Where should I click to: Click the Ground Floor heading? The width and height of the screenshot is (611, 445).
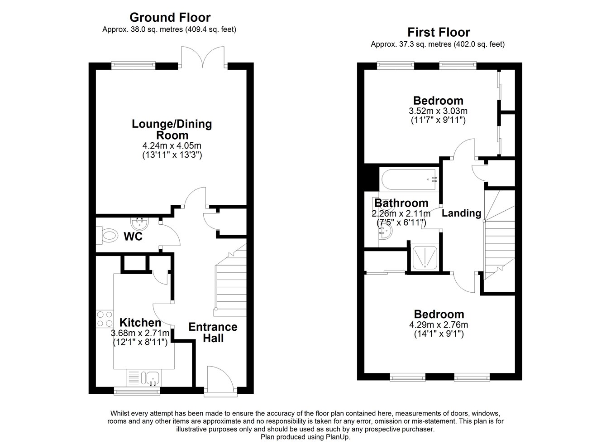pos(170,18)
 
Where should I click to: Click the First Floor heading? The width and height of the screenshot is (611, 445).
pos(439,33)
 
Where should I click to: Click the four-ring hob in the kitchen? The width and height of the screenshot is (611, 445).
pos(105,319)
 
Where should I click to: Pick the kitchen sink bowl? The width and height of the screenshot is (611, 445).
pos(153,378)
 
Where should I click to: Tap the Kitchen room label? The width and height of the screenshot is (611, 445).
pos(140,323)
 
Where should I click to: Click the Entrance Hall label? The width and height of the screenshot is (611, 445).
pos(213,333)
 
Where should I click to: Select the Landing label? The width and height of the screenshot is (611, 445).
pos(461,213)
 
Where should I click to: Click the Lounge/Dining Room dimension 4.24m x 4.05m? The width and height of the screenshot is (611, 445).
pos(172,145)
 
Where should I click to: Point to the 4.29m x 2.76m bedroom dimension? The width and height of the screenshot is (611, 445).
pos(439,325)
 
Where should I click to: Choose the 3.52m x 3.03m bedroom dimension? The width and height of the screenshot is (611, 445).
pos(438,111)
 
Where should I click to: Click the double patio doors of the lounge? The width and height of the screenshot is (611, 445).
pos(203,57)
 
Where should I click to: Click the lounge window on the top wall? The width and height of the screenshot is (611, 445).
pos(134,66)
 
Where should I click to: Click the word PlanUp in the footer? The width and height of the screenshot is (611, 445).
pos(338,437)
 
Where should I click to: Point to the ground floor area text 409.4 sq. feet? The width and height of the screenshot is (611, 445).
pos(210,29)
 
